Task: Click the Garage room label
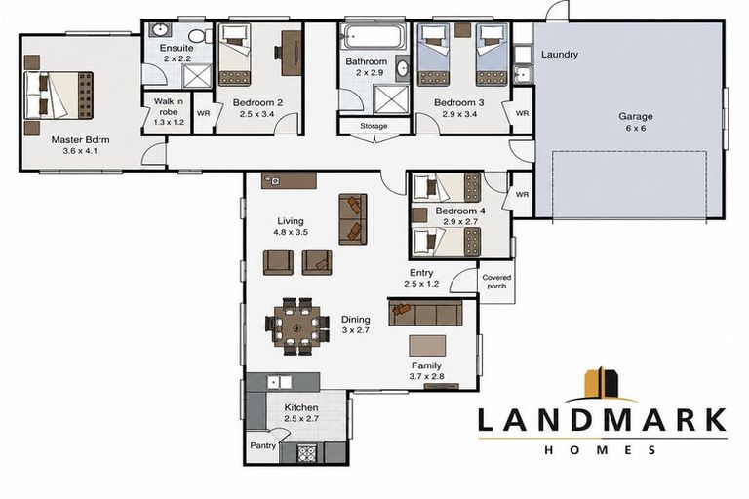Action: (635, 116)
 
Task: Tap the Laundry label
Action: (560, 55)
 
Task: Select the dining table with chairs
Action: (297, 326)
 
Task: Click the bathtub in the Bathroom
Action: (374, 37)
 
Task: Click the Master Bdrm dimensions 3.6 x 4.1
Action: (80, 151)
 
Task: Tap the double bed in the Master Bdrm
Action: (59, 96)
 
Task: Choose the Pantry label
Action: (262, 445)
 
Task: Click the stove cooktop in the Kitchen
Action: (306, 453)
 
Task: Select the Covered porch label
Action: (496, 282)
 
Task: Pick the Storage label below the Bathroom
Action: (374, 126)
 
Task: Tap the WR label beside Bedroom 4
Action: (522, 194)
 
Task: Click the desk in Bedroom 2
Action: (292, 53)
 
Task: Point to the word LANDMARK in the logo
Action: (602, 420)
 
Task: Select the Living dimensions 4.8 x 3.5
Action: (291, 233)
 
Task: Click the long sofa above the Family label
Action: (425, 313)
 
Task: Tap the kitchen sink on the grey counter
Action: (279, 382)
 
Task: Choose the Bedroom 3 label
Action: (458, 102)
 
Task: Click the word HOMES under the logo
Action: (602, 450)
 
